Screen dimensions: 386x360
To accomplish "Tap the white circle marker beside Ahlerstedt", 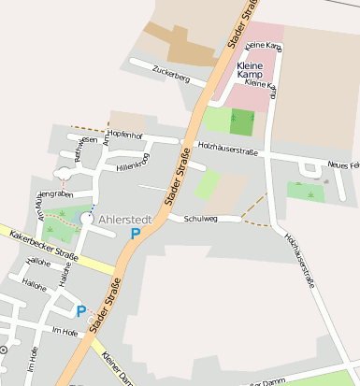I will click(x=87, y=218).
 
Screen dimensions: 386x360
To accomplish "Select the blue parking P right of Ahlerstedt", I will click(x=137, y=233).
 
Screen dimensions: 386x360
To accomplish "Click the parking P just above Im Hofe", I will click(x=81, y=310).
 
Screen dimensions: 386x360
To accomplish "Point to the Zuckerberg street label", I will click(x=171, y=74).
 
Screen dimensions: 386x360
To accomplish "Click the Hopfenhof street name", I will click(x=124, y=136).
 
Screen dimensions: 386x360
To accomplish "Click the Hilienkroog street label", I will click(x=133, y=164).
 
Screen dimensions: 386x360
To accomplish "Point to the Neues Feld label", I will click(x=342, y=165).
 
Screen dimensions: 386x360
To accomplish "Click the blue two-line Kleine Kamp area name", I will click(x=251, y=72).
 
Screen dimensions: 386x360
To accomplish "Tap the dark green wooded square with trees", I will click(x=241, y=122).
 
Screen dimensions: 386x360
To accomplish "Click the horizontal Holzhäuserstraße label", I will click(x=228, y=148).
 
